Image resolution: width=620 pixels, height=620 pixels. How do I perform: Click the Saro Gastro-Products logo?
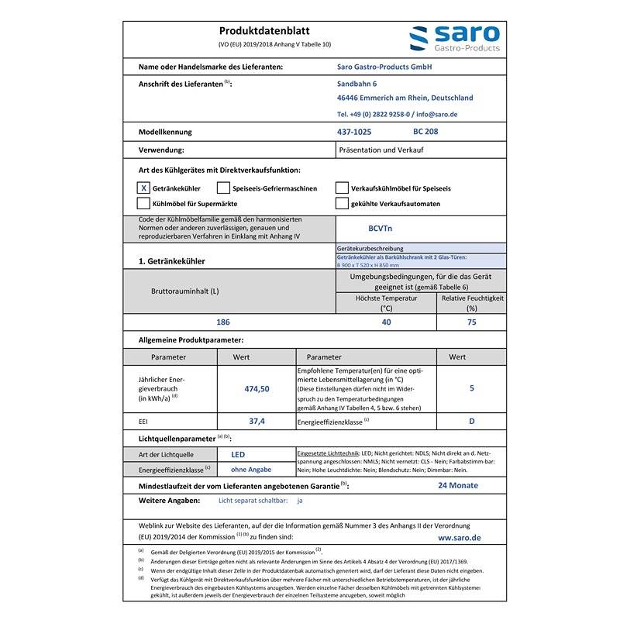(x=454, y=39)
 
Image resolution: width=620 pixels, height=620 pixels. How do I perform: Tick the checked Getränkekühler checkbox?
(x=143, y=188)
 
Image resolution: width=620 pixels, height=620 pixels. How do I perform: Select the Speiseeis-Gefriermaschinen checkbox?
(x=223, y=188)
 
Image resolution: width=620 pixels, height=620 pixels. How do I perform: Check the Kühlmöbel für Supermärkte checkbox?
(x=143, y=203)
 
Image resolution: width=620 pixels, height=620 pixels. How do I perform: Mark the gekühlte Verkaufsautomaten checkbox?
(x=342, y=203)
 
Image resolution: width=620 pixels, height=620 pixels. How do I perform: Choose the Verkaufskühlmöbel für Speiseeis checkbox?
(x=342, y=188)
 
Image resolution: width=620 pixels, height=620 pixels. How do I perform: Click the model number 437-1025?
(x=354, y=132)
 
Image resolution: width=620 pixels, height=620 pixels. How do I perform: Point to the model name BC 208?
(x=425, y=132)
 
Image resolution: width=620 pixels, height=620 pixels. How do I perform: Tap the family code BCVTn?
(x=380, y=229)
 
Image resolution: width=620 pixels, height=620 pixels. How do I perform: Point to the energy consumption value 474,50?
(x=256, y=389)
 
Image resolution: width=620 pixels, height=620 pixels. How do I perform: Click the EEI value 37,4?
(x=257, y=421)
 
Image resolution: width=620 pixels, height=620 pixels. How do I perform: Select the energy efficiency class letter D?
(x=471, y=421)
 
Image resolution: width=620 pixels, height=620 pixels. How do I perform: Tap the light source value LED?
(x=239, y=454)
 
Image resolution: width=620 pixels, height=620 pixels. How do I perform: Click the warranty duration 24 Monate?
(x=458, y=485)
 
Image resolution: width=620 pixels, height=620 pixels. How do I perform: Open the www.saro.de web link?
(x=459, y=536)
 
